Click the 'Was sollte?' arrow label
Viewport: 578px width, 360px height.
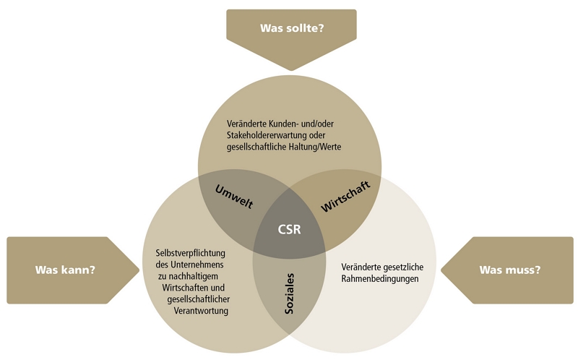tap(291, 29)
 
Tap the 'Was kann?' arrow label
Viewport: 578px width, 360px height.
tap(66, 270)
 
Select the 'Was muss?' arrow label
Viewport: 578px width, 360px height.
tap(509, 270)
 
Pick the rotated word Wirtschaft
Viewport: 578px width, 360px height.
tap(345, 196)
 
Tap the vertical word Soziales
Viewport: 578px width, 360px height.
tap(289, 292)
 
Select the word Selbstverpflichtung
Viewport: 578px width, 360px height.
tap(191, 253)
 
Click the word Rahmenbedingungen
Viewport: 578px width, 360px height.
tap(380, 278)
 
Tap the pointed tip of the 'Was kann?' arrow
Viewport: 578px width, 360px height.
tap(139, 270)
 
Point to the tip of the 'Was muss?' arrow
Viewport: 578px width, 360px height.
tap(441, 270)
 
